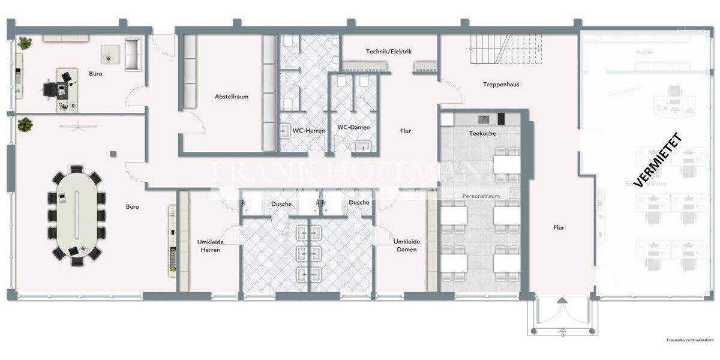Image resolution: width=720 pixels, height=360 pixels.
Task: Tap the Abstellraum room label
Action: point(232,97)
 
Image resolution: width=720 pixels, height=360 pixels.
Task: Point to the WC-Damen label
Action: point(353,127)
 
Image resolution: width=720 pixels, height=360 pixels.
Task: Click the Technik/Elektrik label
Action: point(389,52)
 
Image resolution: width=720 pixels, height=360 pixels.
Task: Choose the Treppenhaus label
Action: point(501,85)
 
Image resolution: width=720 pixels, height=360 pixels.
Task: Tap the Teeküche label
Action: point(482,133)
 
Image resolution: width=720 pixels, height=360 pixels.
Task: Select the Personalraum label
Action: point(481,196)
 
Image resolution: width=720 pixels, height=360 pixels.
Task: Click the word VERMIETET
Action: point(658,160)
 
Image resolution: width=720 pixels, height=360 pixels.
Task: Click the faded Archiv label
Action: point(644,52)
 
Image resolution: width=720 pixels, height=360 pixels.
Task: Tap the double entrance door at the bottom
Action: point(563,314)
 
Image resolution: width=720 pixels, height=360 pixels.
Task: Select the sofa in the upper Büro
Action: point(133,54)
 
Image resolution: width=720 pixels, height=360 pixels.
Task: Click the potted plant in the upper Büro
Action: point(25,43)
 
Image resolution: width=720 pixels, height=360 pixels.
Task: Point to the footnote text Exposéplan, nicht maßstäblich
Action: point(689,340)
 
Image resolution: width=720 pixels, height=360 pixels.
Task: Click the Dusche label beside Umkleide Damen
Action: point(359,203)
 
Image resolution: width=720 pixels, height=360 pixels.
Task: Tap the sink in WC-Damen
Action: point(364,145)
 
